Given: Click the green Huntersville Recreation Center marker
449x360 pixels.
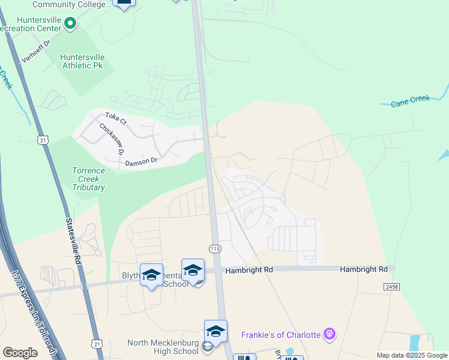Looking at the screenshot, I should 70,24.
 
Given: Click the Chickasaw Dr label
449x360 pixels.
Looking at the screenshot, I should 111,138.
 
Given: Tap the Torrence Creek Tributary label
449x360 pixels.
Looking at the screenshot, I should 89,179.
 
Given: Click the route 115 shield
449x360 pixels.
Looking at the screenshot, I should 214,248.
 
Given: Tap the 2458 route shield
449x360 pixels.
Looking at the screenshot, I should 391,287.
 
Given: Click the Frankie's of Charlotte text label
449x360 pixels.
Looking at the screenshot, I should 280,334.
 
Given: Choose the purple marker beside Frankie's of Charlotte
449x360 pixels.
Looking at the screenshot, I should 328,334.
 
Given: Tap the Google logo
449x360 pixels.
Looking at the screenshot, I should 20,353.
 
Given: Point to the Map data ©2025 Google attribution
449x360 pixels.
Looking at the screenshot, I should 412,355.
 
